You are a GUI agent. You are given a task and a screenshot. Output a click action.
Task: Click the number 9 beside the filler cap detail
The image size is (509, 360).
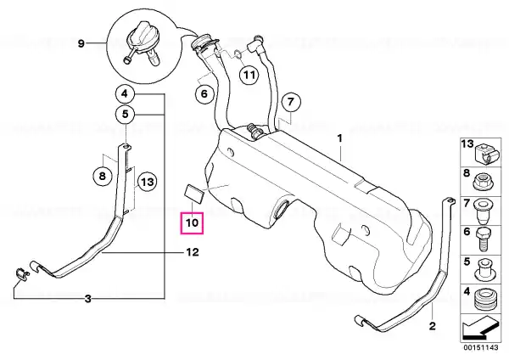click(x=81, y=43)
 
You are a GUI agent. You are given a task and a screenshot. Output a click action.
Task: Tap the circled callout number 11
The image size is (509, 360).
click(x=249, y=75)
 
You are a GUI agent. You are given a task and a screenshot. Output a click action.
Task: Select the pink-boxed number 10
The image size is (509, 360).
click(x=192, y=223)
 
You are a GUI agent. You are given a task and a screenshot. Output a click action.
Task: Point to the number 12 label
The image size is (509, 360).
click(x=193, y=252)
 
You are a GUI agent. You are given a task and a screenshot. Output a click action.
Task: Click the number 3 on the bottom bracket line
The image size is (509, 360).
click(x=88, y=299)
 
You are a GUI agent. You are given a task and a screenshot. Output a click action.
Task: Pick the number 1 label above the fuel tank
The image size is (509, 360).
click(x=339, y=138)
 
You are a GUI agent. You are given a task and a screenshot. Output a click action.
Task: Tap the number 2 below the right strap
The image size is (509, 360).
click(x=432, y=325)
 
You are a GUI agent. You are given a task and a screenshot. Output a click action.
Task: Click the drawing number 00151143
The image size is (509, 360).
click(x=480, y=347)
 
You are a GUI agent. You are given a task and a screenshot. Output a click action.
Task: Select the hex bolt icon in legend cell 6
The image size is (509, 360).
click(x=484, y=240)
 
